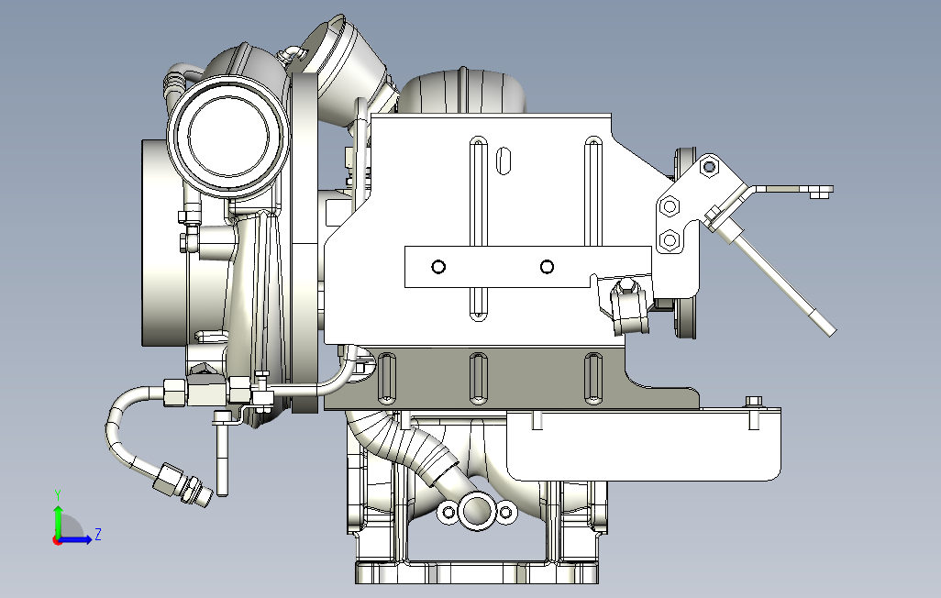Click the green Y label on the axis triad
click(58, 495)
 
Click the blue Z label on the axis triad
click(97, 534)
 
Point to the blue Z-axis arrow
click(75, 540)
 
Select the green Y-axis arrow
click(58, 523)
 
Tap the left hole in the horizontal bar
click(438, 267)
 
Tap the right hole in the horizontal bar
click(547, 267)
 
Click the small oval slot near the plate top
click(504, 161)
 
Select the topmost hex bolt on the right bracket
click(709, 166)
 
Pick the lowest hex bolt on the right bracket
click(669, 241)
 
